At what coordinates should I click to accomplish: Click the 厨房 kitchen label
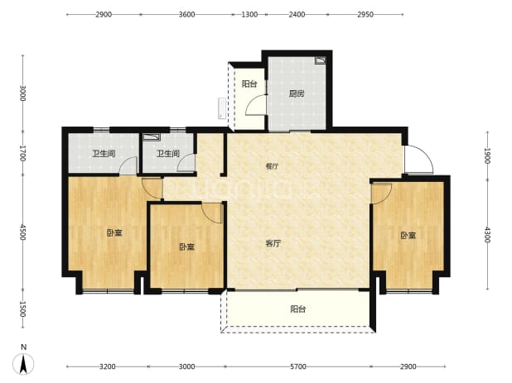[x=297, y=93]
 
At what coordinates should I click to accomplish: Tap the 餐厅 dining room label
[x=272, y=166]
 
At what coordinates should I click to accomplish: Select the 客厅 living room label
[x=273, y=243]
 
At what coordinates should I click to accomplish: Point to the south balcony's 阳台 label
[x=297, y=309]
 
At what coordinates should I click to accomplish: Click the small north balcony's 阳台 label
[x=249, y=84]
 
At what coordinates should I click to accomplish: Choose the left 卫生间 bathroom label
[x=104, y=153]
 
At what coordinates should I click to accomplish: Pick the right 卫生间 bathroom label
[x=168, y=153]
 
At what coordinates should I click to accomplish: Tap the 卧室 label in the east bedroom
[x=408, y=235]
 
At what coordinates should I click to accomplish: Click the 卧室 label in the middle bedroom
[x=186, y=247]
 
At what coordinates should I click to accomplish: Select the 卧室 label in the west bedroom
[x=114, y=232]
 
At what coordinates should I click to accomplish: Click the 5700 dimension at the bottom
[x=298, y=366]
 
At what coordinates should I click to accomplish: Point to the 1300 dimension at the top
[x=249, y=14]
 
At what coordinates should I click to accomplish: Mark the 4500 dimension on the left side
[x=22, y=232]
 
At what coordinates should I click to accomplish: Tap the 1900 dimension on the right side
[x=487, y=156]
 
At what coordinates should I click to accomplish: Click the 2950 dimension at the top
[x=365, y=14]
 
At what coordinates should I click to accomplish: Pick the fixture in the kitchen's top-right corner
[x=321, y=60]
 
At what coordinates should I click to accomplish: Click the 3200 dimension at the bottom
[x=108, y=366]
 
